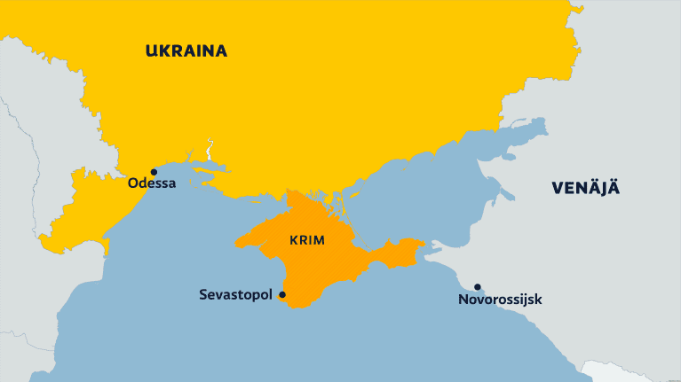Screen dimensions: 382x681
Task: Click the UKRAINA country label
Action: tap(186, 51)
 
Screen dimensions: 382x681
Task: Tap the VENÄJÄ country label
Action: tap(585, 187)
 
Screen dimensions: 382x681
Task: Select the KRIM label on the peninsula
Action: tap(307, 240)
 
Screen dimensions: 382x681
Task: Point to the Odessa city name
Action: tap(152, 184)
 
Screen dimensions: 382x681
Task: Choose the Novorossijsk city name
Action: tap(499, 300)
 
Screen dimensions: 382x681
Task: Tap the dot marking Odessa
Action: tap(154, 172)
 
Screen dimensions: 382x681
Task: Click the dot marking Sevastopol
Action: tap(282, 294)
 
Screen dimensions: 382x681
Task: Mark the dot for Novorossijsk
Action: tap(478, 287)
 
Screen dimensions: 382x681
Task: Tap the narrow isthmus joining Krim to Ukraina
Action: tap(289, 196)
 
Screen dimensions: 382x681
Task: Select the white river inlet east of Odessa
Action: tap(210, 146)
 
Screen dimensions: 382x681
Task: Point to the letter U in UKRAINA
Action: tap(152, 51)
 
